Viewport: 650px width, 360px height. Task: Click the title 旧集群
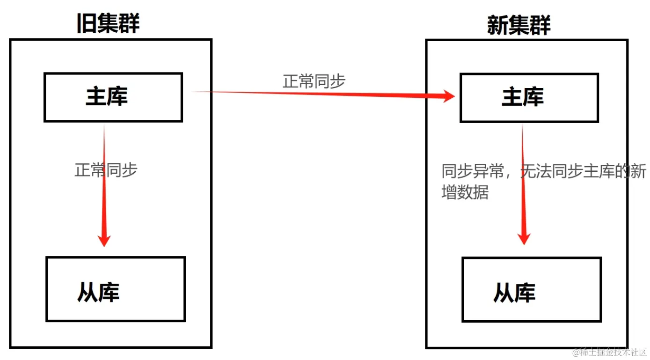pyautogui.click(x=108, y=23)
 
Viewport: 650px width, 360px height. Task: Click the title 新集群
pyautogui.click(x=519, y=24)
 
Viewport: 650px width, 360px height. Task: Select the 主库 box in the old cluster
pyautogui.click(x=113, y=97)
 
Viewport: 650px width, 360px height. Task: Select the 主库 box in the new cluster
pyautogui.click(x=529, y=98)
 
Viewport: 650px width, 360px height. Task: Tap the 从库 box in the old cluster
pyautogui.click(x=116, y=289)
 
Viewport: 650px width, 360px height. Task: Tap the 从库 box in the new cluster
pyautogui.click(x=531, y=290)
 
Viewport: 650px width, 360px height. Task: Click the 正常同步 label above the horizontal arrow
pyautogui.click(x=314, y=81)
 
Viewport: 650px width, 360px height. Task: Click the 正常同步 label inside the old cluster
pyautogui.click(x=106, y=169)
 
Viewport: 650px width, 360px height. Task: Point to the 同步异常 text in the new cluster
pyautogui.click(x=473, y=172)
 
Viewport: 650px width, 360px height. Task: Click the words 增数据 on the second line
pyautogui.click(x=465, y=192)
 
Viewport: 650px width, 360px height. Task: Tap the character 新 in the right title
pyautogui.click(x=497, y=24)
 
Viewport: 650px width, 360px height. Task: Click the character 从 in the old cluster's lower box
pyautogui.click(x=87, y=292)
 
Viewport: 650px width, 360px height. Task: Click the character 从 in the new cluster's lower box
pyautogui.click(x=503, y=293)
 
